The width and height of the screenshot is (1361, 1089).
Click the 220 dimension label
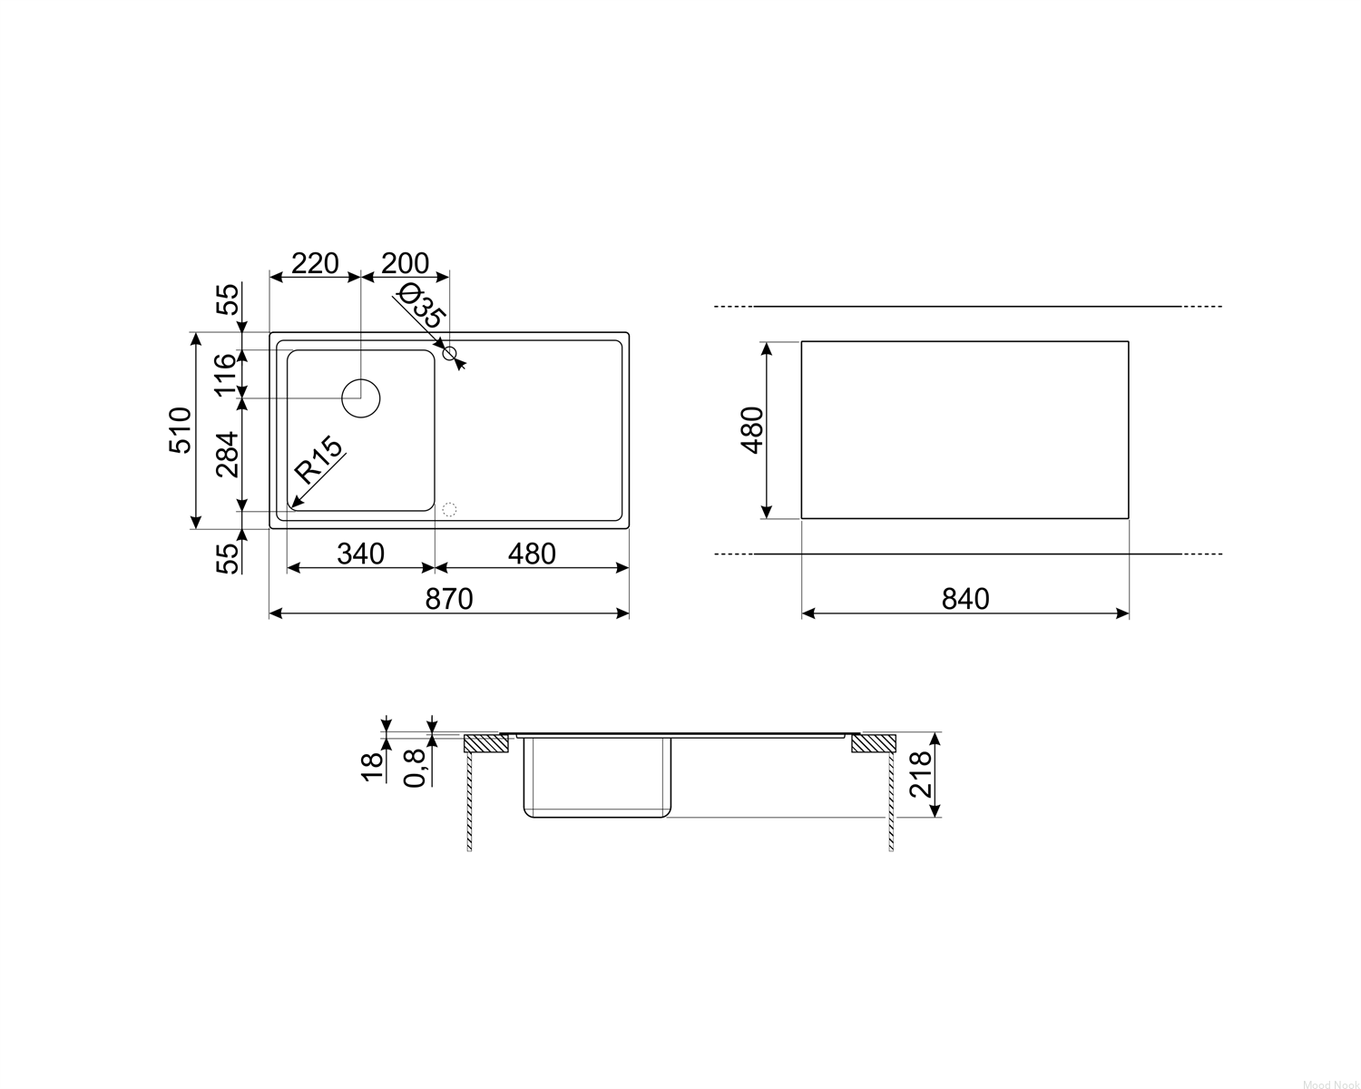(315, 263)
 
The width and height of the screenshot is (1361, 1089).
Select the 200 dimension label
(406, 263)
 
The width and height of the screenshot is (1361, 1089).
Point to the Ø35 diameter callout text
(421, 305)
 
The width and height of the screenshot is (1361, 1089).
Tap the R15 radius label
(318, 460)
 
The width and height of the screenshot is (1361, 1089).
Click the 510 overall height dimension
(181, 430)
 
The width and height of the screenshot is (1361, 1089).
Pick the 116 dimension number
(227, 375)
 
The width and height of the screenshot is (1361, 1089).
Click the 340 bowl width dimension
(360, 554)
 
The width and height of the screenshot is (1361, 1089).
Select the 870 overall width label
(449, 599)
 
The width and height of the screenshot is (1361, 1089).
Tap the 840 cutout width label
(965, 599)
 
